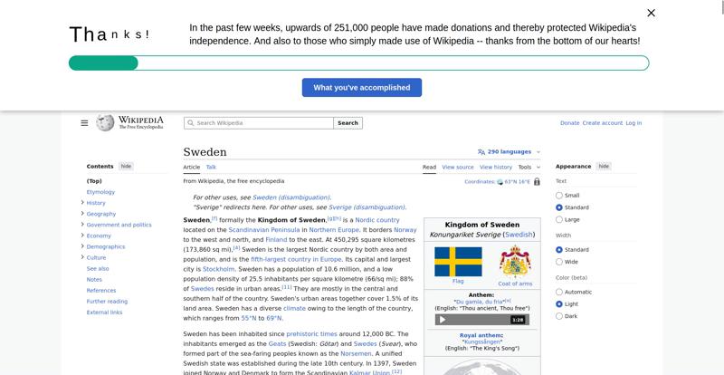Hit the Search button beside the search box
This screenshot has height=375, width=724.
[x=348, y=123]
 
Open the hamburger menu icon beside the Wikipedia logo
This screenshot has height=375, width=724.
[x=84, y=123]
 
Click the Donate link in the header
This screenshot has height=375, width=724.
[x=569, y=123]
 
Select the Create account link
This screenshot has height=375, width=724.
[x=602, y=123]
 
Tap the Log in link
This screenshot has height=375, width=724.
[x=633, y=123]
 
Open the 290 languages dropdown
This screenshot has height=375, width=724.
[x=509, y=152]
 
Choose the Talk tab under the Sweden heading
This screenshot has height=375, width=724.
[x=211, y=167]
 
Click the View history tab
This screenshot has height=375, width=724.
[x=496, y=167]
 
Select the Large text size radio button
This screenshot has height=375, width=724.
[x=559, y=219]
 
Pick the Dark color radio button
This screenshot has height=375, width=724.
[x=559, y=316]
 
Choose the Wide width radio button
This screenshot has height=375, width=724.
[x=559, y=262]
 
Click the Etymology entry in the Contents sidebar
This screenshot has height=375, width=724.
[x=100, y=192]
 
